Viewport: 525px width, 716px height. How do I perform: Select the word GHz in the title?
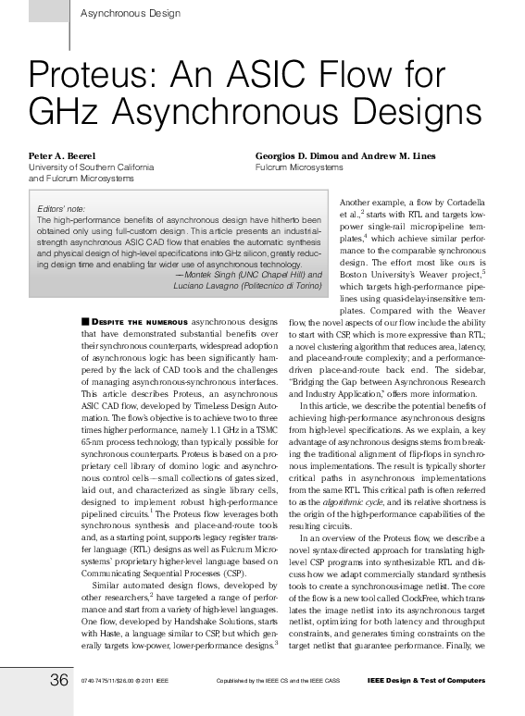click(63, 113)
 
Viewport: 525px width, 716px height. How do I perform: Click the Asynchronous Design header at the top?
click(131, 13)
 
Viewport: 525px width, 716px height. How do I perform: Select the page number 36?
click(59, 681)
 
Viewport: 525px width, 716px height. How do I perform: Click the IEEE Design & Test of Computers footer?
click(426, 682)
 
